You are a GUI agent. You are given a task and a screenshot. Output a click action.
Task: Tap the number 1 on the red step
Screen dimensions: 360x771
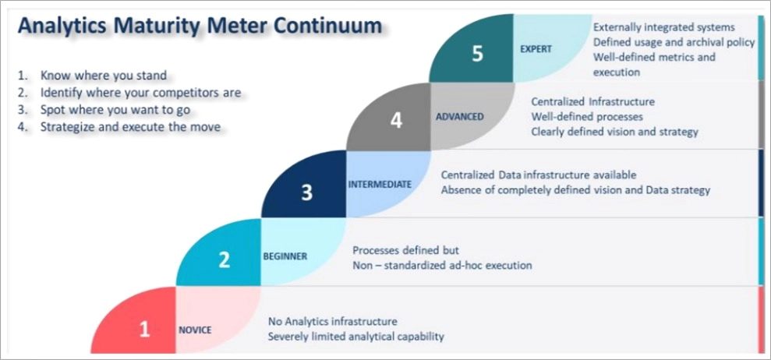pyautogui.click(x=144, y=330)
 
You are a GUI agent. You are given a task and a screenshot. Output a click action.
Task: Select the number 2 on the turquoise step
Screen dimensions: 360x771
pyautogui.click(x=225, y=260)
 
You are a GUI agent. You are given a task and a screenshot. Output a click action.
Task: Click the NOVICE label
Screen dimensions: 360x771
pyautogui.click(x=195, y=330)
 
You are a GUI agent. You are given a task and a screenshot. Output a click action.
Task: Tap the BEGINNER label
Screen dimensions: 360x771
pyautogui.click(x=285, y=256)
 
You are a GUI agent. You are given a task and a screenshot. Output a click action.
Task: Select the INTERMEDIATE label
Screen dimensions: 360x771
pyautogui.click(x=380, y=185)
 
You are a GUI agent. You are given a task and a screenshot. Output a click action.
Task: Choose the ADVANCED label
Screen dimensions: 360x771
pyautogui.click(x=460, y=117)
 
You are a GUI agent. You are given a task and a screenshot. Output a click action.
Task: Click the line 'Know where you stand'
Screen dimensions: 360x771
pyautogui.click(x=104, y=76)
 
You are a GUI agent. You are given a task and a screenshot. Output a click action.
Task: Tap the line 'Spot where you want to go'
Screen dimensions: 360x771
pyautogui.click(x=115, y=110)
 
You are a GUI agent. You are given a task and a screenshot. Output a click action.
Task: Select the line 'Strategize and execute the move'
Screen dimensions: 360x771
pyautogui.click(x=130, y=126)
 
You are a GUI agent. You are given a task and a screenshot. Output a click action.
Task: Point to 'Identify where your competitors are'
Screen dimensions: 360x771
pyautogui.click(x=140, y=93)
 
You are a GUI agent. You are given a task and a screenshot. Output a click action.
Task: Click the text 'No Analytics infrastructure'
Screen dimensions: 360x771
pyautogui.click(x=333, y=321)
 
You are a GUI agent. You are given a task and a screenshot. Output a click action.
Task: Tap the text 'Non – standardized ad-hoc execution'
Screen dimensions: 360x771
pyautogui.click(x=442, y=265)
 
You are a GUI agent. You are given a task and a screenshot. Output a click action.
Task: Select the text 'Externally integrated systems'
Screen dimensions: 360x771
pyautogui.click(x=663, y=27)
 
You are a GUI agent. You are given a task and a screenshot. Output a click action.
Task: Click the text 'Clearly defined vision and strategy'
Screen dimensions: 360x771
pyautogui.click(x=614, y=132)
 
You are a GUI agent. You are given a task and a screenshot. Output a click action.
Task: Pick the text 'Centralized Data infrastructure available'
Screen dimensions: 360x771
pyautogui.click(x=539, y=175)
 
